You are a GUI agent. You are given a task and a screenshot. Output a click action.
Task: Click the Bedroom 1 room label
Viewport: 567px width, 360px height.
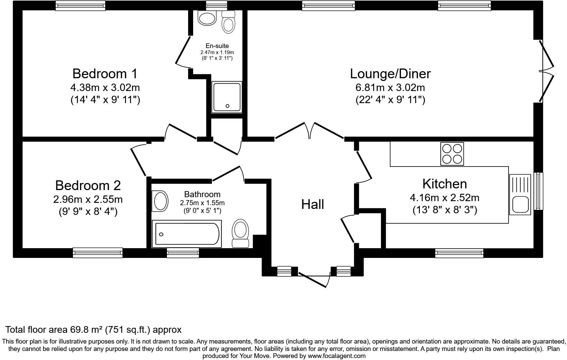point(105,74)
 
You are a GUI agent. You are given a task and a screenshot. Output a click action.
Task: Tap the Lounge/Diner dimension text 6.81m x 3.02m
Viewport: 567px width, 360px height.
point(390,88)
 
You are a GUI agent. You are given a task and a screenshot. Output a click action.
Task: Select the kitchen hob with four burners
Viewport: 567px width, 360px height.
point(452,154)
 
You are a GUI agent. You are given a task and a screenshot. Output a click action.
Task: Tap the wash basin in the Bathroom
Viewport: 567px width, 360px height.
point(161,201)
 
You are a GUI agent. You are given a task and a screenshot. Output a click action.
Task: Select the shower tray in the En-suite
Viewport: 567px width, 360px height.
point(226,97)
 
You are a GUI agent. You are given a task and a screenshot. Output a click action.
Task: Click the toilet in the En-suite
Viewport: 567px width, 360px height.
point(228,23)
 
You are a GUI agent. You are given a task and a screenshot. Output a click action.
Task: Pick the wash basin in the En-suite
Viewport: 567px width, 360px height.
point(207,18)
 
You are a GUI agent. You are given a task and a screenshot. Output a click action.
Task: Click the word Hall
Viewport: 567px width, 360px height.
point(312,204)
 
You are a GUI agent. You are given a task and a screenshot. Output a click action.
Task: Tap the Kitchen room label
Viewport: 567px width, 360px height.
point(444,184)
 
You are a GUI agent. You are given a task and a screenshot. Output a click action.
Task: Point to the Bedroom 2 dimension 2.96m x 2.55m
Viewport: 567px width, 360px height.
point(88,199)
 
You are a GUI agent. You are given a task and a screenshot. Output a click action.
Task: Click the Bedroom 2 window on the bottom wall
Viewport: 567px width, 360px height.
point(98,253)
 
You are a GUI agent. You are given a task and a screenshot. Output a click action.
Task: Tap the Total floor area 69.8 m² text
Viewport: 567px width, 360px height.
point(93,329)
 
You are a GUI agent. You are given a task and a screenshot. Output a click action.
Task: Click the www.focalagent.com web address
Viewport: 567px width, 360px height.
point(336,356)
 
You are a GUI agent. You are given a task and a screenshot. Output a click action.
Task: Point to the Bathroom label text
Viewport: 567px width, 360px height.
point(202,194)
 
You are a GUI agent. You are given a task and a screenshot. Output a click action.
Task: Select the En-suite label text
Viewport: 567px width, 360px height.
point(217,46)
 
